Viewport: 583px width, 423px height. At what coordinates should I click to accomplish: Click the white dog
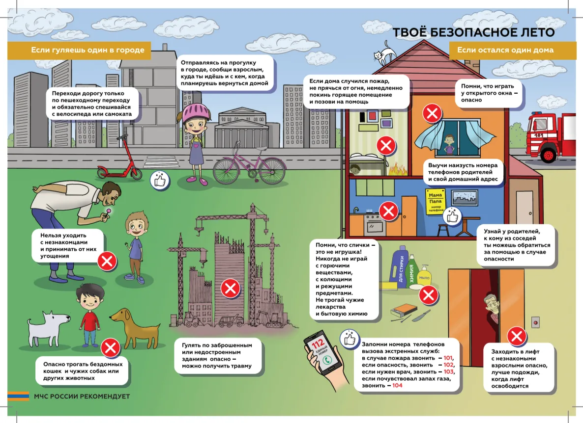click(x=48, y=329)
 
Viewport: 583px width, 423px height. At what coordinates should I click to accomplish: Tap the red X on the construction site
click(x=231, y=289)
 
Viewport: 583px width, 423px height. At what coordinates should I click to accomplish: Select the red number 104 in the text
click(x=397, y=386)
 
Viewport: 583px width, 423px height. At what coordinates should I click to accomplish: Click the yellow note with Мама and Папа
click(x=436, y=201)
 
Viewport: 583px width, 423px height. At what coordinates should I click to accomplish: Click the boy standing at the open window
click(x=449, y=144)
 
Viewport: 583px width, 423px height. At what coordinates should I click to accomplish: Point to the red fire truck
click(x=552, y=137)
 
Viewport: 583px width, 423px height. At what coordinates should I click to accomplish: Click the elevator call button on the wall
click(x=535, y=322)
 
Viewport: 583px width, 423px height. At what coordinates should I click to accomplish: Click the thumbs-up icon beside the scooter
click(x=160, y=181)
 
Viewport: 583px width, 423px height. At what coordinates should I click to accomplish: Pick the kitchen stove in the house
click(x=374, y=223)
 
